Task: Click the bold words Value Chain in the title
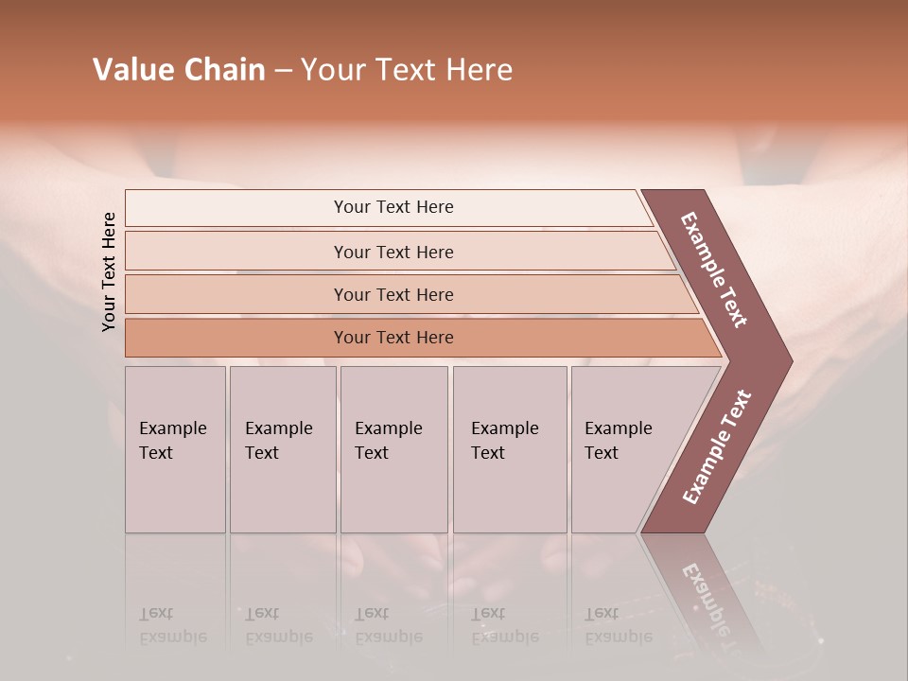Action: pyautogui.click(x=179, y=70)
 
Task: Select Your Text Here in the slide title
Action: pyautogui.click(x=407, y=70)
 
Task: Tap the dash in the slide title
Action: pyautogui.click(x=283, y=71)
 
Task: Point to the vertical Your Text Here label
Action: pyautogui.click(x=109, y=271)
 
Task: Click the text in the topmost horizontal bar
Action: pyautogui.click(x=393, y=207)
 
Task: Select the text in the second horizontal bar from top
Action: pyautogui.click(x=393, y=252)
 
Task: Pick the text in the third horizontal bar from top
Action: pyautogui.click(x=393, y=294)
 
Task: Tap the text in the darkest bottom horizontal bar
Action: pyautogui.click(x=393, y=338)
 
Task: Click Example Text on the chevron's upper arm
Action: pyautogui.click(x=714, y=270)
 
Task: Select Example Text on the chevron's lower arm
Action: pyautogui.click(x=716, y=447)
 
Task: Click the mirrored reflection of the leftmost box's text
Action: pyautogui.click(x=173, y=626)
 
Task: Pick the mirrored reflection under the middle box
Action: pyautogui.click(x=389, y=626)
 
